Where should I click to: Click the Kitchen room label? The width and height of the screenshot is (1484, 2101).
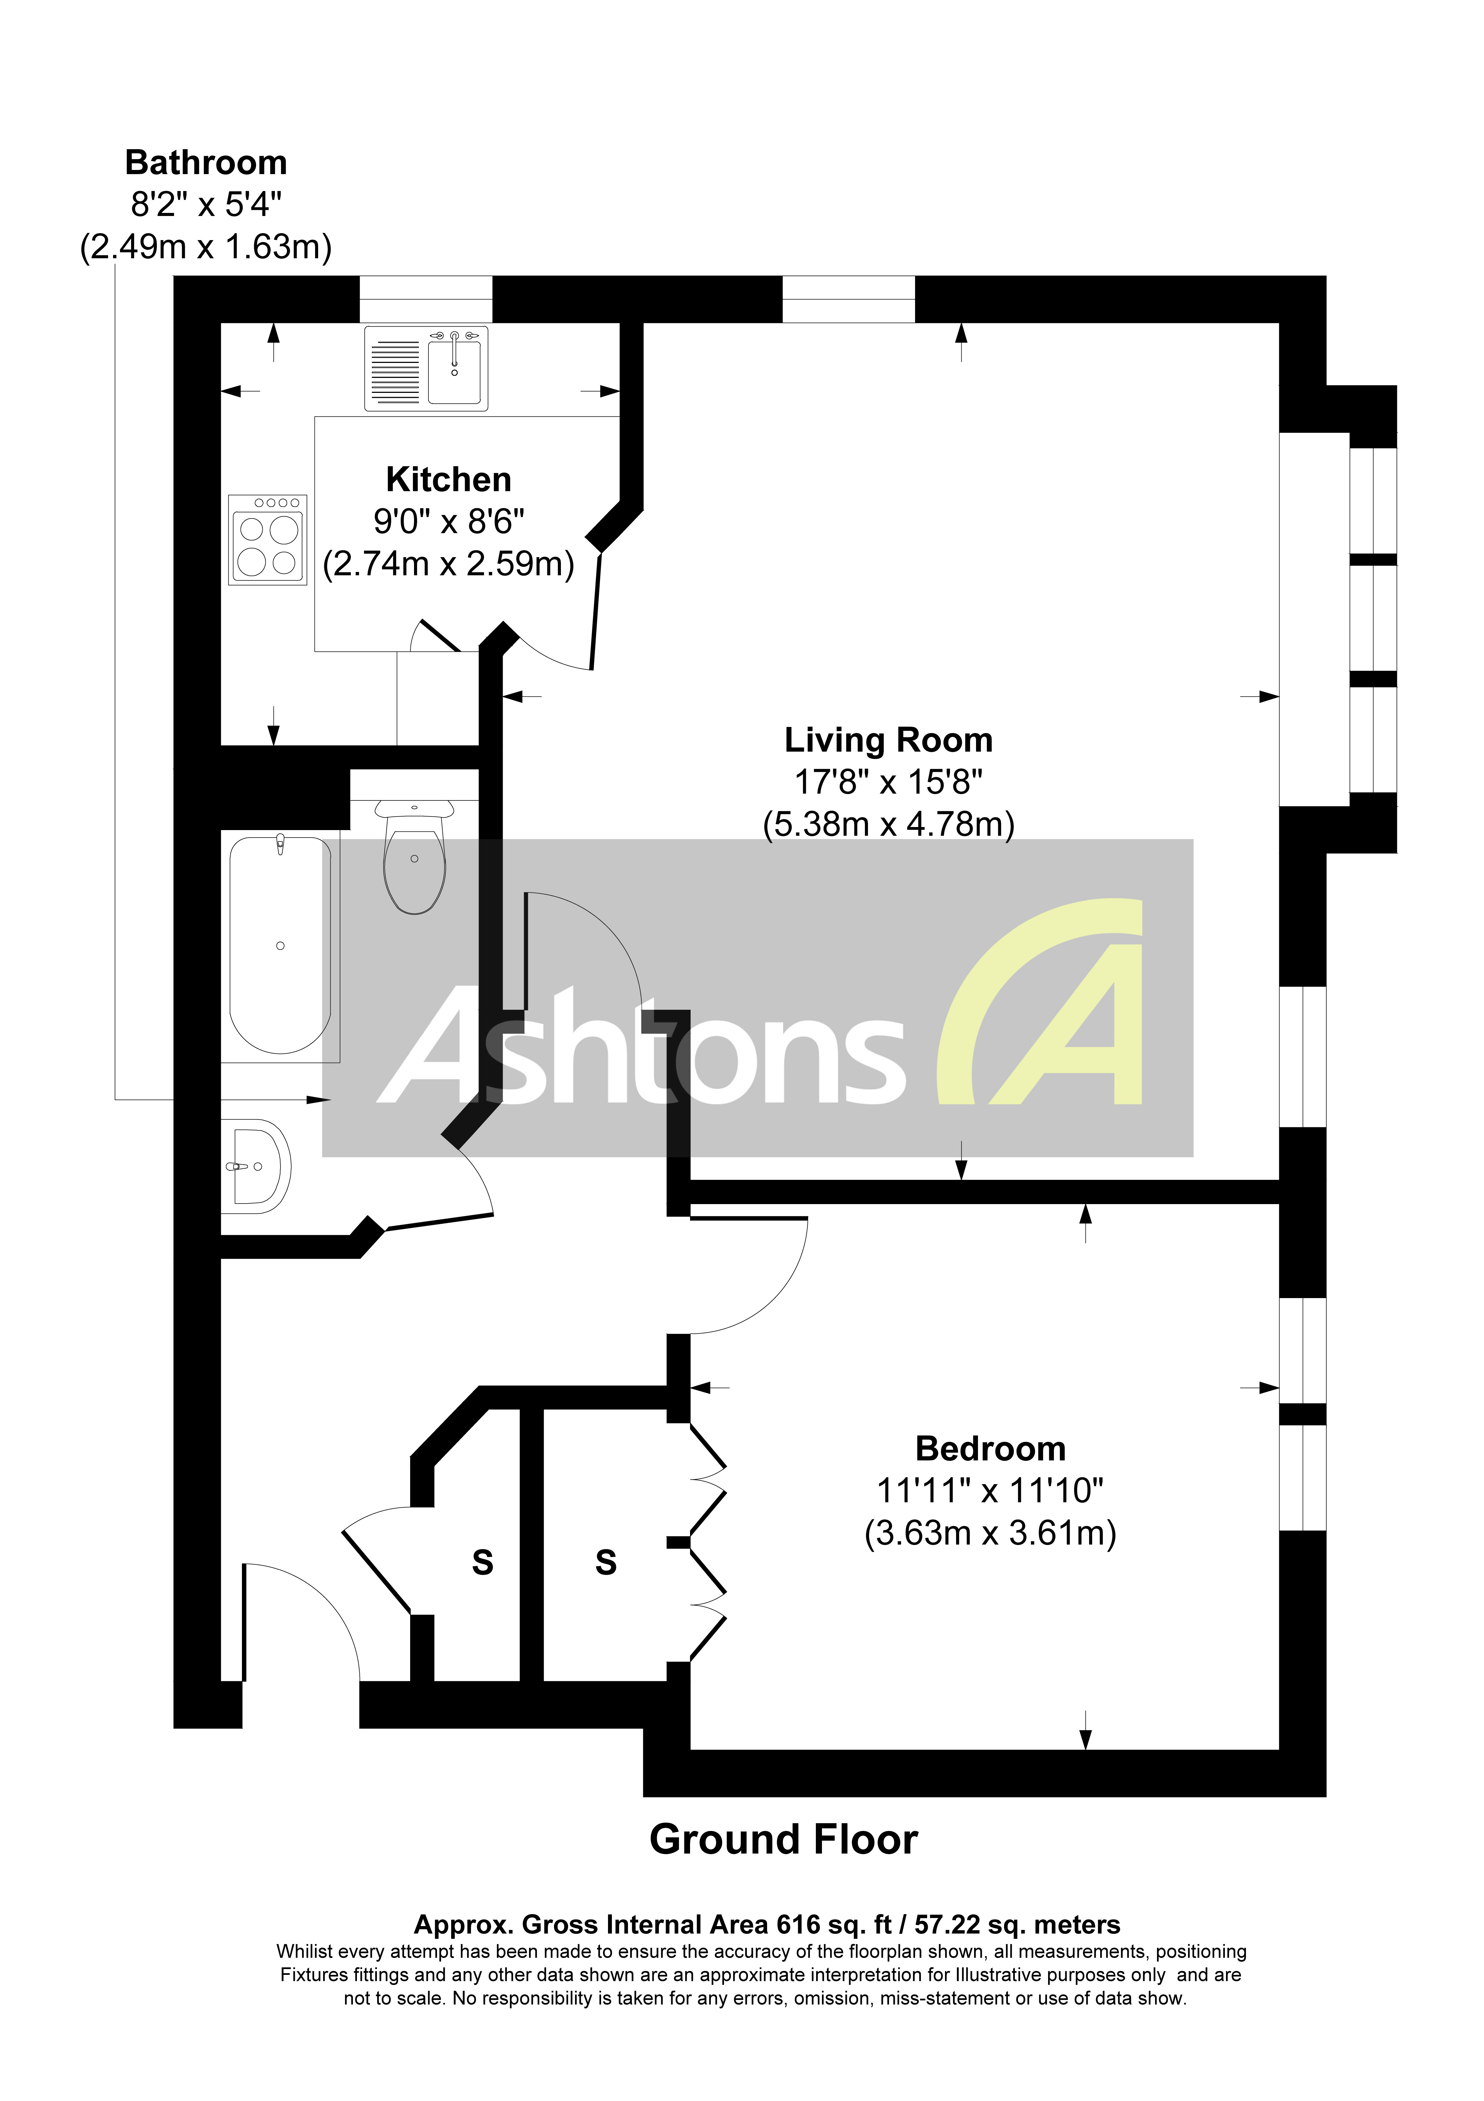pyautogui.click(x=448, y=479)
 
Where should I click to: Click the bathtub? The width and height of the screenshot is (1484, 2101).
pyautogui.click(x=280, y=944)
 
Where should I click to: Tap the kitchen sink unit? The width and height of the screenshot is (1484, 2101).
pyautogui.click(x=426, y=368)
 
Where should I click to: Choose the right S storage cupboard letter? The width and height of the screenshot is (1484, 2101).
pyautogui.click(x=606, y=1562)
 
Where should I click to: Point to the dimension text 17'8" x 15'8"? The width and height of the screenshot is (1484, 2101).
pyautogui.click(x=888, y=782)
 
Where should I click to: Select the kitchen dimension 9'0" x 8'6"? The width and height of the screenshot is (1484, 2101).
pyautogui.click(x=448, y=522)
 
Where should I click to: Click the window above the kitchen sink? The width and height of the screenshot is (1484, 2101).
pyautogui.click(x=425, y=298)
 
